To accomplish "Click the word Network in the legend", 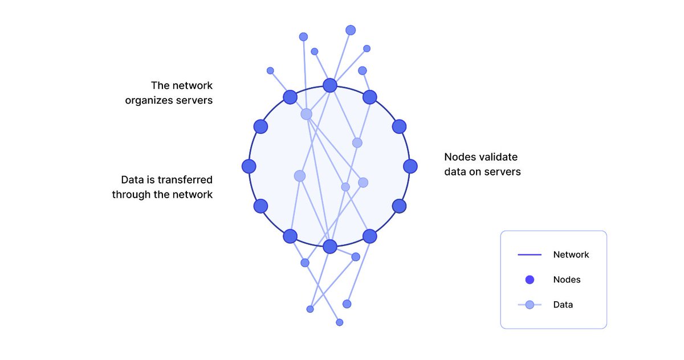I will pos(571,255).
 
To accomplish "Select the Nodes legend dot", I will pos(530,280).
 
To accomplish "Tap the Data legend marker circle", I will pos(530,305).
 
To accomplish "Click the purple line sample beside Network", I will pos(529,255).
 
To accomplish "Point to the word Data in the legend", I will pos(563,305).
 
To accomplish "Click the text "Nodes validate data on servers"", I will pos(482,164).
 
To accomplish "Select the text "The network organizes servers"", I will pos(169,93).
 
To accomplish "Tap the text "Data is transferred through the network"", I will pos(162,187).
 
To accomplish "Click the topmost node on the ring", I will pos(330,85).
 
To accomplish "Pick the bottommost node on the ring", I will pos(330,247).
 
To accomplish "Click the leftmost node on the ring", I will pos(249,166).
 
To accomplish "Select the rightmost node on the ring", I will pos(410,166).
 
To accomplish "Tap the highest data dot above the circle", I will pos(351,30).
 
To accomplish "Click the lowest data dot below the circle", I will pos(340,322).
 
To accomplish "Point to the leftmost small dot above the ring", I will pos(270,71).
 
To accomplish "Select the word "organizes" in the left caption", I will pos(150,100).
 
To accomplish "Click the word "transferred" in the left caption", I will pos(185,180).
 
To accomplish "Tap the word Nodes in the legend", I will pos(567,280).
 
